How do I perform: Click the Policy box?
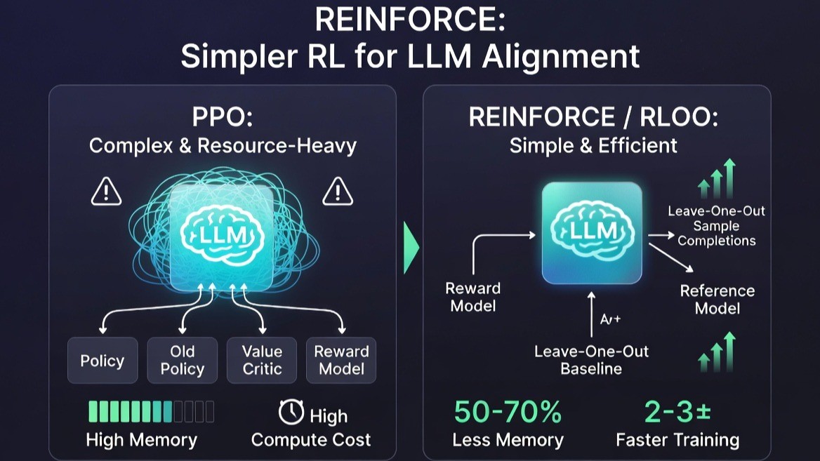point(102,361)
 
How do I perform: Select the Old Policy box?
point(183,361)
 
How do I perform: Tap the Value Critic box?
point(262,361)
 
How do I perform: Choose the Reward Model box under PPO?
point(341,361)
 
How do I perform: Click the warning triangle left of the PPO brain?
point(106,192)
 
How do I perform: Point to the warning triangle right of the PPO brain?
point(338,192)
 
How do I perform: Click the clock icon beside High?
point(291,412)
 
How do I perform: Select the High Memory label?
point(141,440)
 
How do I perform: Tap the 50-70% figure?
point(508,412)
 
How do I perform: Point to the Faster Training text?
point(677,440)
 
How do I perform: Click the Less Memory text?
point(508,440)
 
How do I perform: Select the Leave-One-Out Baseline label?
point(591,359)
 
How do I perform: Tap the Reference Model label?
point(717,299)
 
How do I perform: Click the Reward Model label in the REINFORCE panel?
point(472,297)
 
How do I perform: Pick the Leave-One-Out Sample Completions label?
point(715,225)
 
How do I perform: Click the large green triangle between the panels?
point(411,248)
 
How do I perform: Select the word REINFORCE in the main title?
point(409,20)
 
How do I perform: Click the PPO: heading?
point(222,118)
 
